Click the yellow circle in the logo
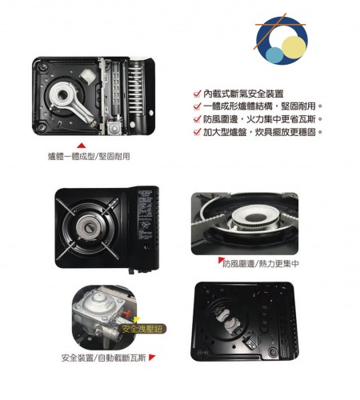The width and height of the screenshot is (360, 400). click(x=294, y=47)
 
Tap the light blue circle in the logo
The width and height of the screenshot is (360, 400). click(x=275, y=55)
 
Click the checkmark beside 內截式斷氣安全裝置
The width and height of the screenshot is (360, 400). click(x=197, y=94)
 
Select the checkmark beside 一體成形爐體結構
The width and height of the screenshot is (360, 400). click(x=197, y=106)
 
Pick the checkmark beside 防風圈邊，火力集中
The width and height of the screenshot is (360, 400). click(x=197, y=119)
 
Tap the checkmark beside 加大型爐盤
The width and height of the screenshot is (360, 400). click(x=197, y=132)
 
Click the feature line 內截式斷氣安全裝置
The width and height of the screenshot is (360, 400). click(x=243, y=94)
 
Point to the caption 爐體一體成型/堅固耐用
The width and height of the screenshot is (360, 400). click(x=89, y=157)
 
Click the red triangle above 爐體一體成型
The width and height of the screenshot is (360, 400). click(x=81, y=146)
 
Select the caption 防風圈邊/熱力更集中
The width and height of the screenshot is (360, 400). click(x=261, y=264)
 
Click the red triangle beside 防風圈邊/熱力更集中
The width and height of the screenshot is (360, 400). click(x=221, y=260)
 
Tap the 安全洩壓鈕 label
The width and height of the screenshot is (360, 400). click(x=142, y=329)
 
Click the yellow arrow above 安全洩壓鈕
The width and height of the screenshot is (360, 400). click(x=137, y=320)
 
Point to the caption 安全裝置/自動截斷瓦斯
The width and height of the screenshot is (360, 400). click(x=104, y=358)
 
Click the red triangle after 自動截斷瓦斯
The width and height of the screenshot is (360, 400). click(x=152, y=358)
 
